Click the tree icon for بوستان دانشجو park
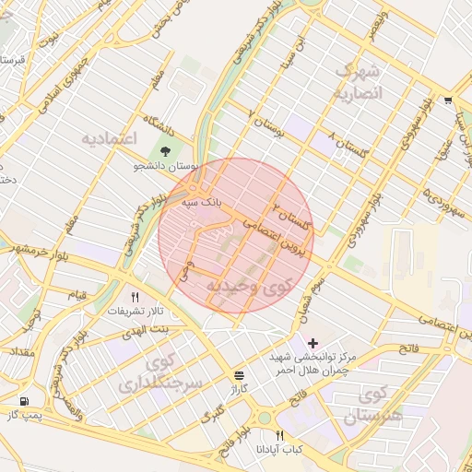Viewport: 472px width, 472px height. [x=165, y=151]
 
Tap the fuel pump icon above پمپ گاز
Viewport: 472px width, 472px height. [x=23, y=402]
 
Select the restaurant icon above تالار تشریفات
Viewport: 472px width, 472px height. [x=136, y=297]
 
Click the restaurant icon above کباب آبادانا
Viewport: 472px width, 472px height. [x=279, y=434]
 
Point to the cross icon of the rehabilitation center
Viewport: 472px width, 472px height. [x=313, y=343]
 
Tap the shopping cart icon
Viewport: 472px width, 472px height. [x=447, y=100]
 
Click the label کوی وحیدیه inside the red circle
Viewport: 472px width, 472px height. [x=247, y=288]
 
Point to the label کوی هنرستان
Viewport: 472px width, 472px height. [x=374, y=407]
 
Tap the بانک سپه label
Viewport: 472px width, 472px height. [x=202, y=200]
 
